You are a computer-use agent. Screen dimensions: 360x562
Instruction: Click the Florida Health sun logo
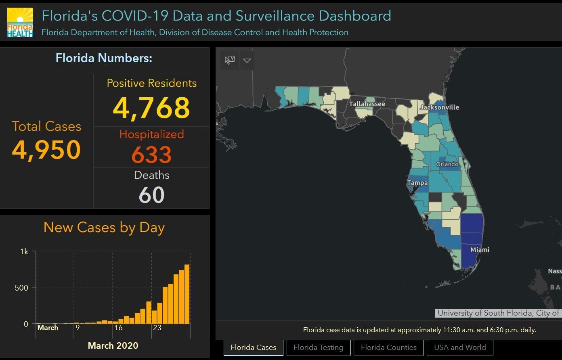pyautogui.click(x=20, y=22)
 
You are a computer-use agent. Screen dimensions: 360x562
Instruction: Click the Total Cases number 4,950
pyautogui.click(x=46, y=150)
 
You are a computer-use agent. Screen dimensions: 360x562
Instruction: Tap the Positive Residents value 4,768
pyautogui.click(x=151, y=108)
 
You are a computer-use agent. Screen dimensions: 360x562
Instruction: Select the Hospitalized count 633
pyautogui.click(x=151, y=155)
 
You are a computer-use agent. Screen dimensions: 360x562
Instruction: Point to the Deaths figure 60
pyautogui.click(x=151, y=195)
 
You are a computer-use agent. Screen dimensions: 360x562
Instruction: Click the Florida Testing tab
pyautogui.click(x=318, y=347)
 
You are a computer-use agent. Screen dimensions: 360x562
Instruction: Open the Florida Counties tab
pyautogui.click(x=388, y=347)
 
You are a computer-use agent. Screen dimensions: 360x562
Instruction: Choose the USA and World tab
pyautogui.click(x=460, y=347)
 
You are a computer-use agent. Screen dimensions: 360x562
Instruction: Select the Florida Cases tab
pyautogui.click(x=254, y=347)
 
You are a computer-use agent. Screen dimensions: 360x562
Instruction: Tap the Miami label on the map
pyautogui.click(x=480, y=250)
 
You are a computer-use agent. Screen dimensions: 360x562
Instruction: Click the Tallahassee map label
pyautogui.click(x=367, y=104)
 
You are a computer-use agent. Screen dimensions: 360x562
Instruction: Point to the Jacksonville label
pyautogui.click(x=439, y=107)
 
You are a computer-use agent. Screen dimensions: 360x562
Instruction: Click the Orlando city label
pyautogui.click(x=447, y=164)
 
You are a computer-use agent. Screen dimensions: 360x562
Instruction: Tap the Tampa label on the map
pyautogui.click(x=417, y=183)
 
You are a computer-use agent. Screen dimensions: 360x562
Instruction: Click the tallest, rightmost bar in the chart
pyautogui.click(x=187, y=294)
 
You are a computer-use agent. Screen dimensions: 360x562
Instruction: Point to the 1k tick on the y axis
pyautogui.click(x=24, y=251)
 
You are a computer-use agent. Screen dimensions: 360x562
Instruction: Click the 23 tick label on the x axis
pyautogui.click(x=157, y=328)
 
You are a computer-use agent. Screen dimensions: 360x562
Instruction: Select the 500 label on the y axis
pyautogui.click(x=21, y=288)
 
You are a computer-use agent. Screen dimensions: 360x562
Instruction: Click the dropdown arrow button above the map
pyautogui.click(x=247, y=61)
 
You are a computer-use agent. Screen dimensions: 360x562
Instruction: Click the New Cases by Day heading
pyautogui.click(x=104, y=227)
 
